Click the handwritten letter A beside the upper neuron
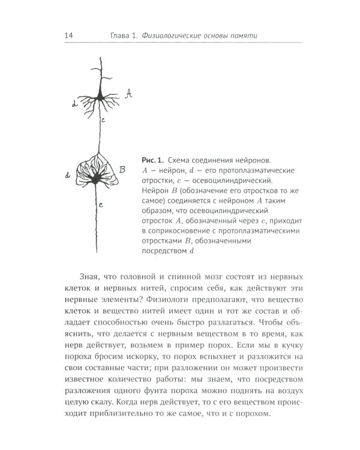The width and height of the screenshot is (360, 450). [x=128, y=93]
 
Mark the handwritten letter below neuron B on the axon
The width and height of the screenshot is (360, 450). [x=100, y=205]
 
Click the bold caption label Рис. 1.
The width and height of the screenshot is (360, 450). [x=152, y=160]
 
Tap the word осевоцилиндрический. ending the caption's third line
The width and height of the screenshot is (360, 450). [x=222, y=181]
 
